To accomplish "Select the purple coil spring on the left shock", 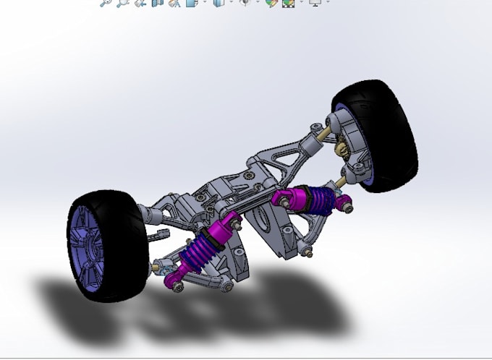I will click(x=207, y=249).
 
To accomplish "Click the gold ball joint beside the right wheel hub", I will click(x=339, y=149).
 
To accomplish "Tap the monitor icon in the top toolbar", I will click(x=315, y=3).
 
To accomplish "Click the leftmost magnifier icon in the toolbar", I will click(x=106, y=3).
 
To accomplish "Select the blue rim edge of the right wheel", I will click(x=369, y=181).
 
